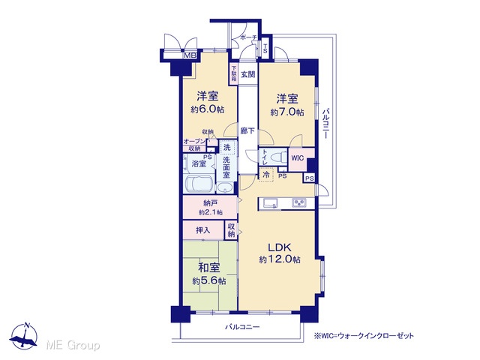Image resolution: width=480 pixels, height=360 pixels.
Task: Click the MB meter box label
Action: click(x=190, y=55)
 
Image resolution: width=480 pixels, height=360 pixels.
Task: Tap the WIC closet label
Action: click(x=297, y=158)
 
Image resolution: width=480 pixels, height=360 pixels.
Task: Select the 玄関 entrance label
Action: click(x=247, y=74)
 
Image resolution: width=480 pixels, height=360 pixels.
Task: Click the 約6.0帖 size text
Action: click(x=208, y=109)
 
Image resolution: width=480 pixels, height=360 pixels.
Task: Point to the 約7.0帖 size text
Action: click(x=287, y=112)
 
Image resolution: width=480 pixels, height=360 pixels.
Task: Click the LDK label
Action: click(x=279, y=247)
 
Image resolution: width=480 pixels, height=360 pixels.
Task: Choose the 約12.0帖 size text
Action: click(x=280, y=259)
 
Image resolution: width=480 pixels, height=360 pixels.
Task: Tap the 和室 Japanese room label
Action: click(x=208, y=268)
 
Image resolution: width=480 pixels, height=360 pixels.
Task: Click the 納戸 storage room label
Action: click(x=210, y=203)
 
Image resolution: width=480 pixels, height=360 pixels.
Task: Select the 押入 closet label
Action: click(x=203, y=230)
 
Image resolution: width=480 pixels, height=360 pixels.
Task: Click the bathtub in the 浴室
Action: click(x=199, y=184)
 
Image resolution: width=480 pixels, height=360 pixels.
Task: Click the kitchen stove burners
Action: click(x=298, y=202)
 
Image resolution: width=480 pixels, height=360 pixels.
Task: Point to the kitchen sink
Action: click(x=268, y=203)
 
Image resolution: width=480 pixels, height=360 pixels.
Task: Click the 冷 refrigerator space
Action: click(x=266, y=175)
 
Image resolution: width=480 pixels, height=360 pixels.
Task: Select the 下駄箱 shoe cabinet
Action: click(x=233, y=73)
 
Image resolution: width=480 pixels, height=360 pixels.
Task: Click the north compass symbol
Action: click(x=23, y=336)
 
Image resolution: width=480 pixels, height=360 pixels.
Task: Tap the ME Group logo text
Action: click(x=73, y=345)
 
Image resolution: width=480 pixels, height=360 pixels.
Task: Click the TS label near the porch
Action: click(x=265, y=48)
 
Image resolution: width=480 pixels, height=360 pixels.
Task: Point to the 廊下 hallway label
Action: click(x=247, y=130)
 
